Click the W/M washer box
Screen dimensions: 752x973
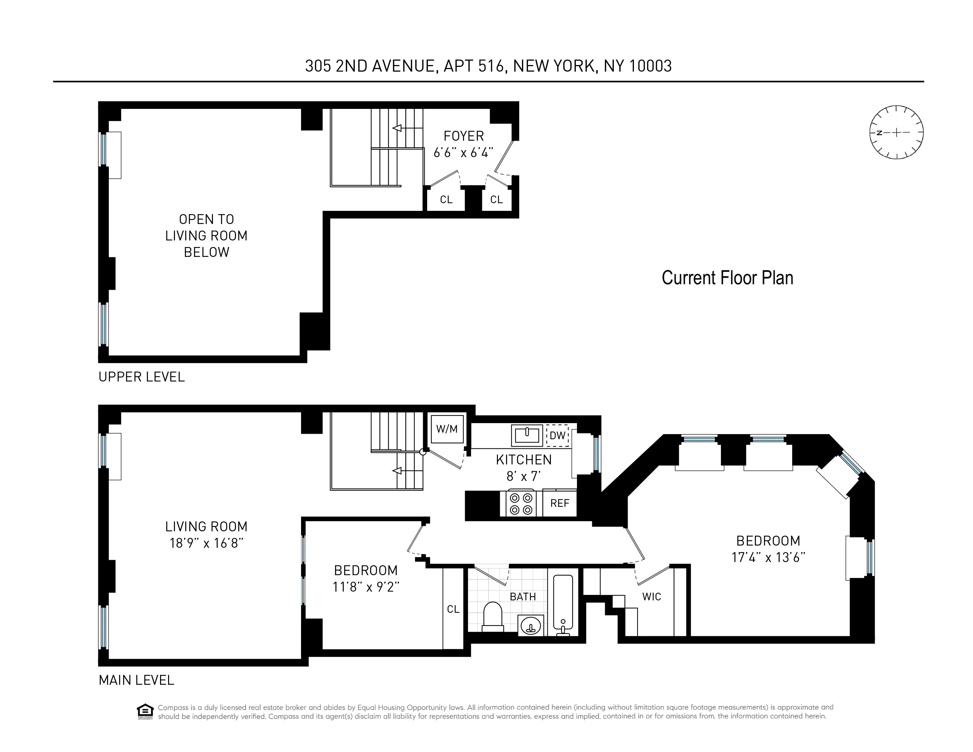click(447, 429)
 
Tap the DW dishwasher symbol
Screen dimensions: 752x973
click(557, 435)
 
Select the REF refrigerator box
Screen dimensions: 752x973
click(559, 503)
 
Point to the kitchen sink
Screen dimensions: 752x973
click(527, 435)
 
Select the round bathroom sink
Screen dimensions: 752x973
click(530, 626)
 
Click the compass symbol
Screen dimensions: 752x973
click(896, 132)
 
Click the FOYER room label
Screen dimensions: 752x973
click(463, 136)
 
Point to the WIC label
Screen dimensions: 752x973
click(651, 597)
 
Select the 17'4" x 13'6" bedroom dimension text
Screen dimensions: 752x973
click(768, 557)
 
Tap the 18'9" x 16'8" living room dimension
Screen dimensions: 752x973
click(206, 543)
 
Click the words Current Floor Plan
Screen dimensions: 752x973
click(727, 278)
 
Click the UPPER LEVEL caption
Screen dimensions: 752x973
click(141, 377)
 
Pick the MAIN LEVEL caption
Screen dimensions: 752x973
click(136, 680)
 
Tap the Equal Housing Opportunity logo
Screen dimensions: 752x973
click(145, 711)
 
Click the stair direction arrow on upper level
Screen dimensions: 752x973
click(397, 128)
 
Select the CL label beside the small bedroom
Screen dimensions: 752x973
click(453, 609)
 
